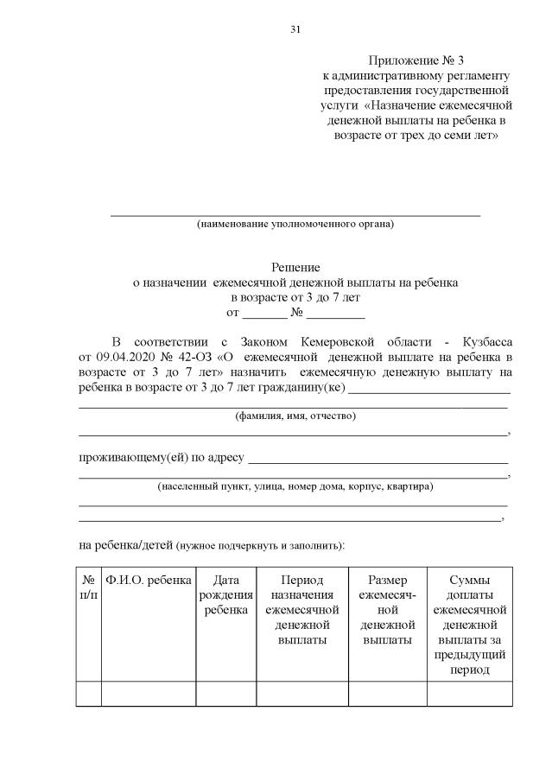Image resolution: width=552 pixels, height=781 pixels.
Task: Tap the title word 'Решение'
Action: [295, 269]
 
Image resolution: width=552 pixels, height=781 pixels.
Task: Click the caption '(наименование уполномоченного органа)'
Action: [295, 225]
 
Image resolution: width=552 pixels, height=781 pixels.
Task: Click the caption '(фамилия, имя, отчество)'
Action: [295, 416]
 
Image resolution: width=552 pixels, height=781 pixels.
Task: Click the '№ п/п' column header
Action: [88, 587]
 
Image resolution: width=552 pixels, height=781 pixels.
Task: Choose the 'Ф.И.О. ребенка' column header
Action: [148, 581]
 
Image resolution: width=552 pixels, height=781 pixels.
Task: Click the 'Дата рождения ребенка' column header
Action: [225, 594]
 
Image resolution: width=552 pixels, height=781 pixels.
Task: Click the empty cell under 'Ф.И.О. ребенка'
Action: [148, 694]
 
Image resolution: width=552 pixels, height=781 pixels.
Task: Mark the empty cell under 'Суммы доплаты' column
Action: [470, 694]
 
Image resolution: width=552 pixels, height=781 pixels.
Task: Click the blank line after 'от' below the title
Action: [257, 313]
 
